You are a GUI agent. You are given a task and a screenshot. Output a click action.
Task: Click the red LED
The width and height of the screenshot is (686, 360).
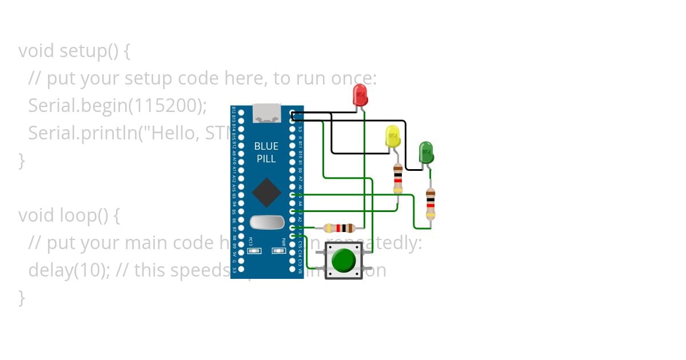360,94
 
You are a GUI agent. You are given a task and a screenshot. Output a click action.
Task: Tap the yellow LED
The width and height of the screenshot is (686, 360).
393,136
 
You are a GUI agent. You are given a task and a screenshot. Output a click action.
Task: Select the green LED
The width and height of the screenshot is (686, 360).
426,152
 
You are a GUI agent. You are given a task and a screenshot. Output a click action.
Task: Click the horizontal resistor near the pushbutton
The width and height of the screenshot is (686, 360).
341,227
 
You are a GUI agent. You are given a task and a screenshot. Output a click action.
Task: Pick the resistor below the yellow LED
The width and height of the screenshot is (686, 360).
398,178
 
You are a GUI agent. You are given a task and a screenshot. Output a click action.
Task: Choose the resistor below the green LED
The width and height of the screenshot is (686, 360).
430,203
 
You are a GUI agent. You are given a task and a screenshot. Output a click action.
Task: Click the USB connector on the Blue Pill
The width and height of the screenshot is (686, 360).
266,113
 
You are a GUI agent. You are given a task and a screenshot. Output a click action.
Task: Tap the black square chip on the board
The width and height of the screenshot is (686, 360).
266,192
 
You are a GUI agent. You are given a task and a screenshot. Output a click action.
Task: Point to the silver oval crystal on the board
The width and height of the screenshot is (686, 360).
266,221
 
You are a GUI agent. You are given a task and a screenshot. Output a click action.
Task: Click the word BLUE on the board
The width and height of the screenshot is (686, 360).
266,146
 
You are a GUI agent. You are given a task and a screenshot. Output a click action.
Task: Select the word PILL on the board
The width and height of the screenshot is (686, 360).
266,158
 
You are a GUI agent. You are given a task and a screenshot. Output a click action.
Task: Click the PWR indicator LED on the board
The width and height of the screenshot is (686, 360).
280,250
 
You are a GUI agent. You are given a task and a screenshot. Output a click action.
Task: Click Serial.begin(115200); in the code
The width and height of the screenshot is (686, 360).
117,106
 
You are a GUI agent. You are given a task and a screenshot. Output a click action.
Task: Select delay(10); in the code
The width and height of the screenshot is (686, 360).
69,270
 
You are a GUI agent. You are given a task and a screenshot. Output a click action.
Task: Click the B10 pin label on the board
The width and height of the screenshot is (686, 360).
301,154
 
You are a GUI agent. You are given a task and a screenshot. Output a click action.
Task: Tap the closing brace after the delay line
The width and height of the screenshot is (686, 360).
22,297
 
